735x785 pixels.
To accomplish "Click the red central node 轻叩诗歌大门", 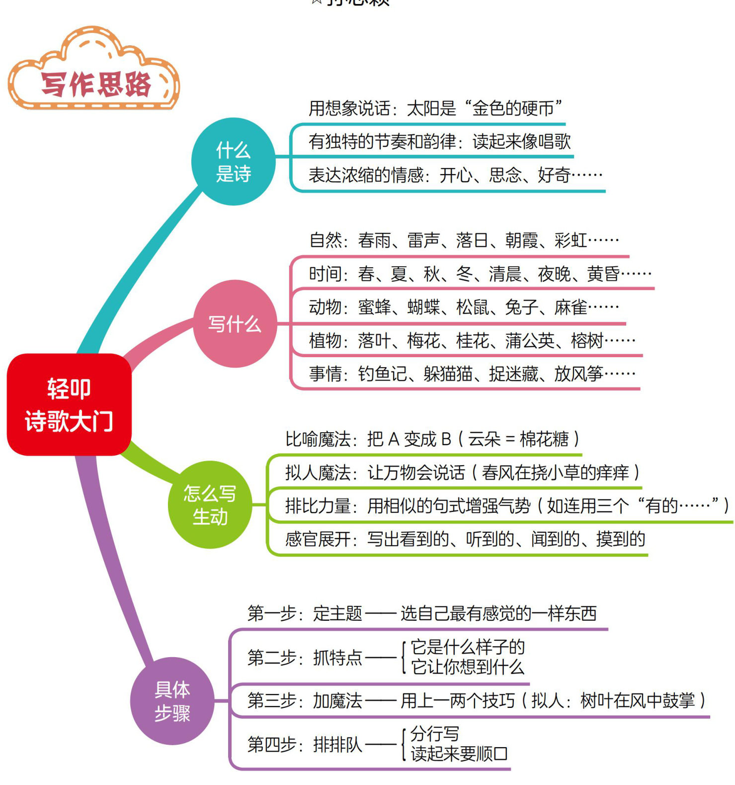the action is (69, 404).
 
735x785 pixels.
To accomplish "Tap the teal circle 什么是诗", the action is (233, 162).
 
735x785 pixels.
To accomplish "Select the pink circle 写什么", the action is (235, 324).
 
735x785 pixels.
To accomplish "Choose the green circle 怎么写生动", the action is (210, 505).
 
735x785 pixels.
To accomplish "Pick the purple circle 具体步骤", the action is (172, 701).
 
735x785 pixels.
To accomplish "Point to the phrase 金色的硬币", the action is (512, 108).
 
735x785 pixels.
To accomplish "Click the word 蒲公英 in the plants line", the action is (530, 341).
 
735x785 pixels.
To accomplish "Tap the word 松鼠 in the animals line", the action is (472, 307).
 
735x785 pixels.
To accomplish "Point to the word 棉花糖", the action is (544, 439).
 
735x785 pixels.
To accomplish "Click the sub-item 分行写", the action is (435, 733).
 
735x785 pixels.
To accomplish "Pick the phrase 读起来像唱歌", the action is (521, 142).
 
